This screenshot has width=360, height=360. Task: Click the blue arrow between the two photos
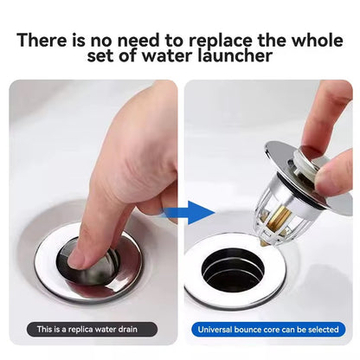(x=189, y=213)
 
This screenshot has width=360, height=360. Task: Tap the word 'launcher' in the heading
(x=235, y=55)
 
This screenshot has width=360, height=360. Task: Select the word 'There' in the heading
(x=42, y=40)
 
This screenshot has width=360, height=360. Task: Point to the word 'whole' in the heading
(x=318, y=40)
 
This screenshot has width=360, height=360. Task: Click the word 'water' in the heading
(x=168, y=55)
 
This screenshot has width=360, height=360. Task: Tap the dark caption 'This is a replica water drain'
(x=93, y=330)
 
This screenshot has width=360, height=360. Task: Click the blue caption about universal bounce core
(x=268, y=330)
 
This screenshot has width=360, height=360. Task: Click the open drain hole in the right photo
(x=233, y=270)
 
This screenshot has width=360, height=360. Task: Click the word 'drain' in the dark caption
(x=127, y=330)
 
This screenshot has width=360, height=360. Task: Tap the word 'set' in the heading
(x=100, y=55)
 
